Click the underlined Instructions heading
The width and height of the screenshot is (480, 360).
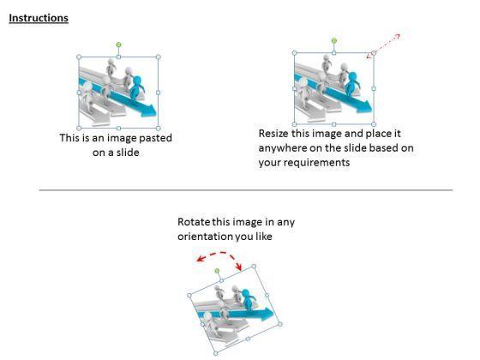tap(39, 18)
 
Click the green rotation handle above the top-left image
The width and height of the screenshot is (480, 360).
tap(119, 45)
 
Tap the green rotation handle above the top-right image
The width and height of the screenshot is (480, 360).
tap(334, 41)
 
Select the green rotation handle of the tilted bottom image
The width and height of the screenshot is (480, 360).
tap(218, 271)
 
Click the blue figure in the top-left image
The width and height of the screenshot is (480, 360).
tap(136, 87)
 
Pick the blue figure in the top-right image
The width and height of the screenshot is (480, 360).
tap(352, 83)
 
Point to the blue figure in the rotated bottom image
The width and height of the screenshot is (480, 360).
tap(248, 299)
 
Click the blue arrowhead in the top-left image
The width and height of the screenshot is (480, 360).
tap(149, 110)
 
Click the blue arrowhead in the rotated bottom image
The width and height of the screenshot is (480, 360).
tap(267, 314)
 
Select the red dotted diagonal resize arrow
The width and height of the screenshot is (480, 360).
tap(383, 46)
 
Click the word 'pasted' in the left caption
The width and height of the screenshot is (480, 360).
tap(155, 138)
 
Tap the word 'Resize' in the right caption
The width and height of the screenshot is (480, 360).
tap(273, 134)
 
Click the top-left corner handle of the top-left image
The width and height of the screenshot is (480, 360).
tap(79, 57)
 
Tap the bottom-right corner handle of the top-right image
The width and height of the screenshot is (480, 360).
tap(374, 124)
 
